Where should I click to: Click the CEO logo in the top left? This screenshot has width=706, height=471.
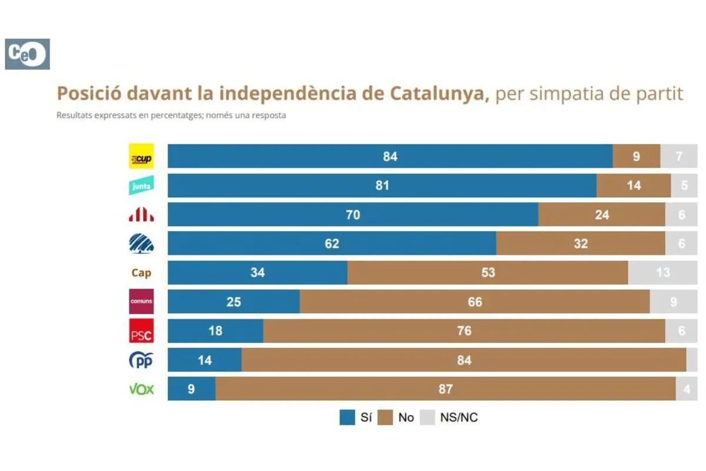coord(27,54)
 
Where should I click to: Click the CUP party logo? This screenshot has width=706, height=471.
coord(141,157)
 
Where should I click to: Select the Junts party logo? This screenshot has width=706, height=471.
coord(141,185)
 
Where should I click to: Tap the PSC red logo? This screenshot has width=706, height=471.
coord(141,331)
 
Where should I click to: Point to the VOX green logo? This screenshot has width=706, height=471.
coord(141,389)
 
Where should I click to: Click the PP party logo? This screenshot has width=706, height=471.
coord(141,360)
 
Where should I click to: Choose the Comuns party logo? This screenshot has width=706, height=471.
coord(141,301)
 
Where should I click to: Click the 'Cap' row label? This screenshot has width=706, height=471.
coord(141,273)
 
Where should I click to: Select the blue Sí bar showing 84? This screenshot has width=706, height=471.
coord(390,157)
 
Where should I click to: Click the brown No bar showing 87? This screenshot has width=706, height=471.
coord(445,389)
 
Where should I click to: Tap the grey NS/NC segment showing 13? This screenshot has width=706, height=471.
coord(662,273)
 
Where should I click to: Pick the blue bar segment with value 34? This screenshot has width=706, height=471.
coord(258,273)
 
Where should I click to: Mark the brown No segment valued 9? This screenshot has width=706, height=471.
coord(637,157)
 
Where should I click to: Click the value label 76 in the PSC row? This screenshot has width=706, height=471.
coord(464,331)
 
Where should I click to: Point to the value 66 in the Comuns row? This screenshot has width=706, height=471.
coord(475,302)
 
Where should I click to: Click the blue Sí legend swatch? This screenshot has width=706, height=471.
coord(347,417)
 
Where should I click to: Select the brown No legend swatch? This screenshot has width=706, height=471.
coord(385,417)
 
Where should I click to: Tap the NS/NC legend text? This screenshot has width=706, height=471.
coord(459,417)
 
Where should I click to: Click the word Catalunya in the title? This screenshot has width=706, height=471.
coord(439,94)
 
